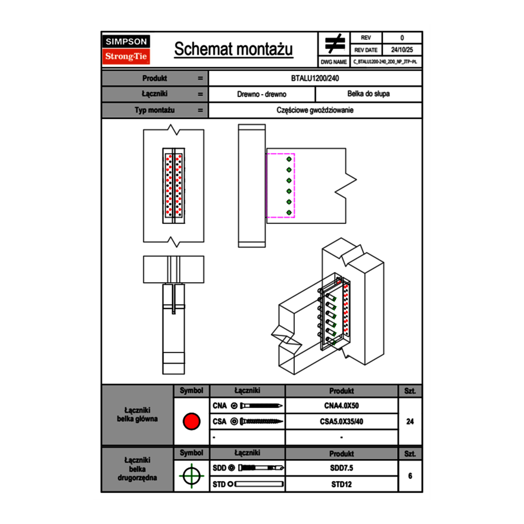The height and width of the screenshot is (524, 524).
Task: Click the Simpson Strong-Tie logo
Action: [126, 49]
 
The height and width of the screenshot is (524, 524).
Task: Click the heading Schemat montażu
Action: [233, 49]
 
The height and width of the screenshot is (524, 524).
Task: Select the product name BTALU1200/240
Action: [316, 78]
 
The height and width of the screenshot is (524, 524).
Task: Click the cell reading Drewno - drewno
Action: [262, 94]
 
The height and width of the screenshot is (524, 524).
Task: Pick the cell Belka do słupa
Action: [369, 94]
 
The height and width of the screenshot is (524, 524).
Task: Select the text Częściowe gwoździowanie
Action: [316, 110]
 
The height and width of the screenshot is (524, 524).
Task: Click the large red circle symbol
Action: [191, 422]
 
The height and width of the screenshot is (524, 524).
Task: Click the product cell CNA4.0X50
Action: [341, 406]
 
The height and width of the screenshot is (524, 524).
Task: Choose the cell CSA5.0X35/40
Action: [341, 422]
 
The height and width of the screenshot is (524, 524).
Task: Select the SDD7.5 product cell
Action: [341, 468]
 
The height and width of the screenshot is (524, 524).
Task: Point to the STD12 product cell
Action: [341, 484]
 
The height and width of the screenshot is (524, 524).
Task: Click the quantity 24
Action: [410, 422]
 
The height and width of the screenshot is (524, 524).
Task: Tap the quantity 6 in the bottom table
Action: [410, 476]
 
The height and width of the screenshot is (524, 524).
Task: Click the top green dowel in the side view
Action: [289, 159]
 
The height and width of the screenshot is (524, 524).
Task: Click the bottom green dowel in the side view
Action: [289, 213]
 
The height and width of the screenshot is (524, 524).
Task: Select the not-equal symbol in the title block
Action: [335, 43]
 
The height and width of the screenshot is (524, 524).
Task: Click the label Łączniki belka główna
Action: [137, 415]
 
